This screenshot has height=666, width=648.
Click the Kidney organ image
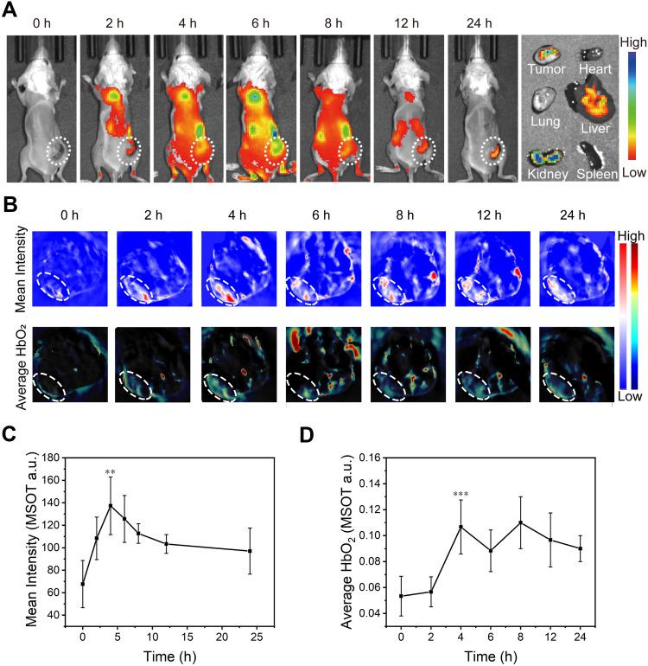coord(546,158)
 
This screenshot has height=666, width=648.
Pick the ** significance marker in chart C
coord(111,473)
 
